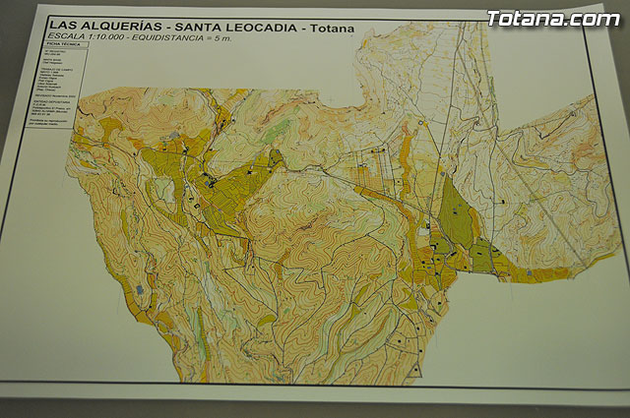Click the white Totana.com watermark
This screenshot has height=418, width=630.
tap(552, 18)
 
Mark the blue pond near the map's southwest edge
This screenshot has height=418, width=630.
tap(139, 290)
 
